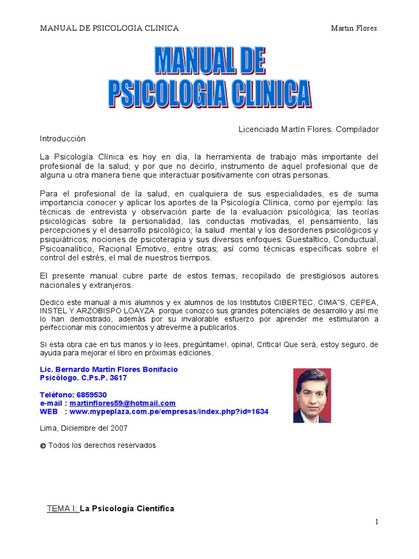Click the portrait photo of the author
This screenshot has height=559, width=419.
[x=312, y=395]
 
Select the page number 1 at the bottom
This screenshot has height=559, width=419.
[x=376, y=522]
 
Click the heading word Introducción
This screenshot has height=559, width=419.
[x=63, y=139]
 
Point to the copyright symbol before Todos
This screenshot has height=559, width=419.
[x=43, y=445]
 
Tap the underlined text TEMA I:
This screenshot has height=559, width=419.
[x=63, y=509]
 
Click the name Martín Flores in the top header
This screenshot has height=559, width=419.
[x=354, y=28]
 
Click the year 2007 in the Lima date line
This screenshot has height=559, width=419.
[x=118, y=429]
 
